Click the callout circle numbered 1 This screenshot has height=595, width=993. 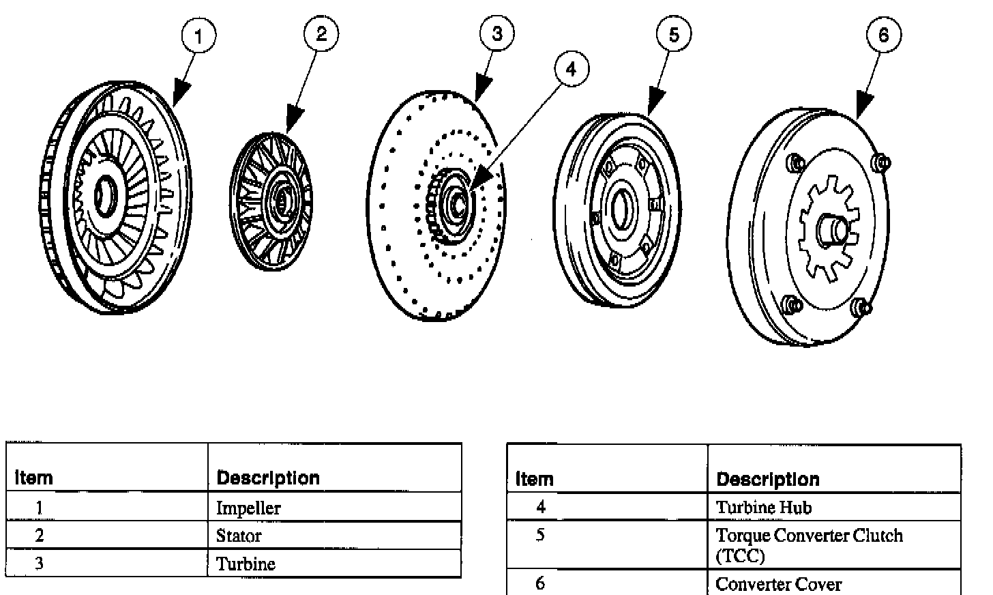(198, 35)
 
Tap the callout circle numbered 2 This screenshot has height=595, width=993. (321, 33)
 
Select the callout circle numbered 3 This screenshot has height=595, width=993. (497, 33)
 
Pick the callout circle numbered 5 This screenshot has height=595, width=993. (674, 33)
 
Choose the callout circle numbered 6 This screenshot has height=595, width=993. (884, 35)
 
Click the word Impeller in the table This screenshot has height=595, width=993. (248, 508)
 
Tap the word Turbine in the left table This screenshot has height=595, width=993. (246, 564)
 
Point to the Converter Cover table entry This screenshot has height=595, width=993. (778, 584)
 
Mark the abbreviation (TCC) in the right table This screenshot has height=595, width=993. (740, 556)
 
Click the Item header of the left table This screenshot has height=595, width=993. (33, 478)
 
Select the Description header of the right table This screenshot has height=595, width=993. (767, 479)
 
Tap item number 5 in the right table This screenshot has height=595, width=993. (540, 535)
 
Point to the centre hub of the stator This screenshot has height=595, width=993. (280, 199)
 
